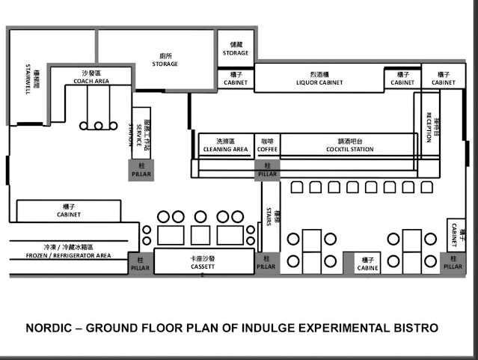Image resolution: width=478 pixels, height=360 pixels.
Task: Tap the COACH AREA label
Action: (x=94, y=81)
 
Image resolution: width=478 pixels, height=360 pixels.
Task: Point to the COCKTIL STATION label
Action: (x=349, y=149)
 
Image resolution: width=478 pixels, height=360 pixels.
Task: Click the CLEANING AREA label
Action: (x=225, y=149)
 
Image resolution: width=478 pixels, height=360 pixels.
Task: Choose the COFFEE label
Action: (x=267, y=149)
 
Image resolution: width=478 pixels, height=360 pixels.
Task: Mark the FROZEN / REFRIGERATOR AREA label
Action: (x=67, y=255)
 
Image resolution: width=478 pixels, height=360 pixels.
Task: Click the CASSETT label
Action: (x=202, y=266)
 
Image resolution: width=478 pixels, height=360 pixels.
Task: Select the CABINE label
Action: (x=367, y=267)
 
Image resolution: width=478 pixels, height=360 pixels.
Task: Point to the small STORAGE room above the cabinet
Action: (x=235, y=53)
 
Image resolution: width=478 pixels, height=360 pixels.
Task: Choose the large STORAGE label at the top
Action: (x=165, y=64)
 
